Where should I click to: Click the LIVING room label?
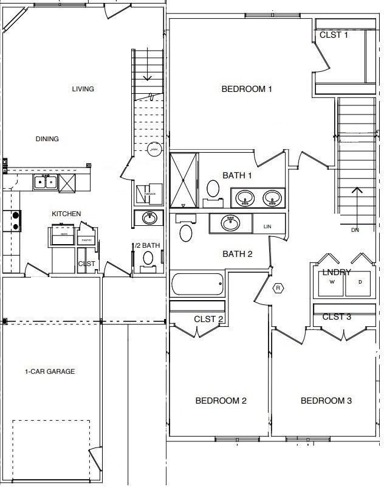point(83,89)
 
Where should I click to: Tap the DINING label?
point(47,139)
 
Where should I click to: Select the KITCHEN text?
point(66,214)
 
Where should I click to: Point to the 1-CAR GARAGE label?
point(50,371)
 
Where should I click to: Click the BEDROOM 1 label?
point(247,89)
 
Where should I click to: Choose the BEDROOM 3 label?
point(326,401)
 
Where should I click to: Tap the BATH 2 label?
point(238,254)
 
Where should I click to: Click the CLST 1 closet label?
point(334,35)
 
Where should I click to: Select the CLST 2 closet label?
point(208,319)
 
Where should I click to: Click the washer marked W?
point(332,282)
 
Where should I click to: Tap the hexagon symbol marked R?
point(278,288)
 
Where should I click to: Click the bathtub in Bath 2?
point(197,284)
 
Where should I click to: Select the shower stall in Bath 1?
point(184,180)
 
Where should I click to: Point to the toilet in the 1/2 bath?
point(148,258)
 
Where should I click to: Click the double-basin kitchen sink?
point(45,181)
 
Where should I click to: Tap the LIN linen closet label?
point(267,226)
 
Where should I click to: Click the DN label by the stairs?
point(355,230)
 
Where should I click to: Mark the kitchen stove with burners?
point(12,220)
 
